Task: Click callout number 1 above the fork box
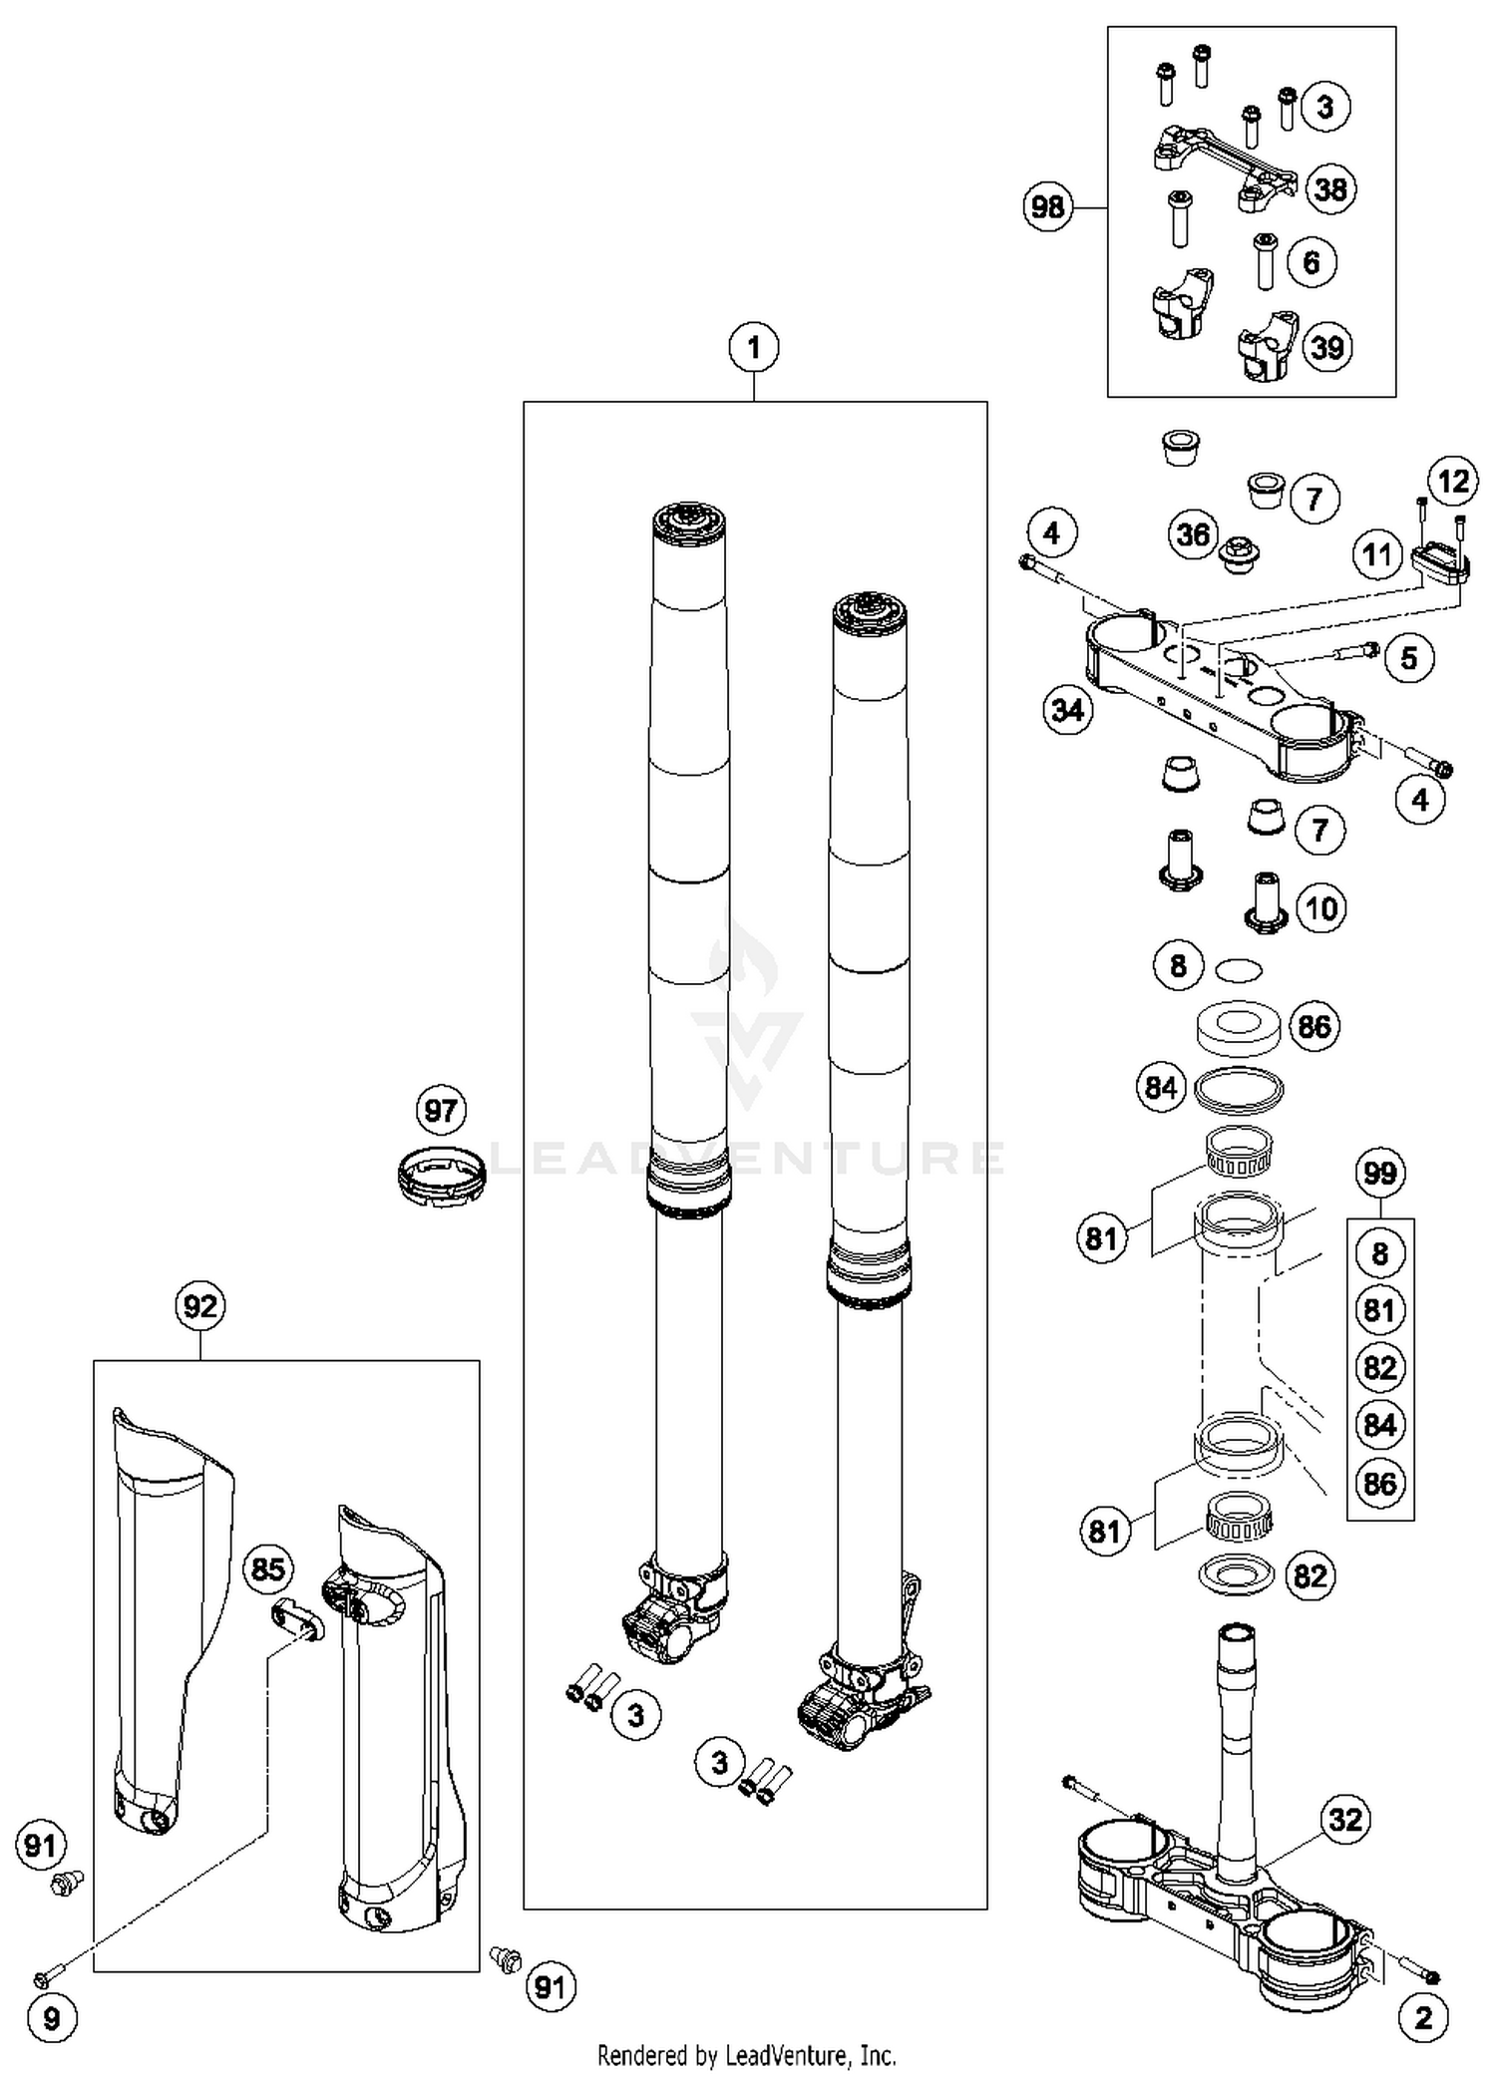coord(754,348)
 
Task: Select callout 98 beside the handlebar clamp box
coord(1048,207)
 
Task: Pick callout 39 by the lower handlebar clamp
coord(1327,348)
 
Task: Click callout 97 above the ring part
coord(441,1111)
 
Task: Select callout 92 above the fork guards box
coord(199,1306)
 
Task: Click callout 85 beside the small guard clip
coord(268,1569)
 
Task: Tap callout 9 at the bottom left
coord(51,2019)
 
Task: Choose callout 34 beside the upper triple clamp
coord(1068,710)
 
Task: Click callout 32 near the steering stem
coord(1344,1820)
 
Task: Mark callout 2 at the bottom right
coord(1423,2018)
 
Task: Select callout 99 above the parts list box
coord(1379,1173)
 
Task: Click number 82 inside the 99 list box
coord(1380,1367)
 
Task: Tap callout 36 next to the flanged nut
coord(1194,535)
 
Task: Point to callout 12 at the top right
coord(1453,483)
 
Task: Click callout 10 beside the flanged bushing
coord(1321,908)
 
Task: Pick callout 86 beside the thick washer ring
coord(1314,1026)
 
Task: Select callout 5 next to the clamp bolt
coord(1408,658)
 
